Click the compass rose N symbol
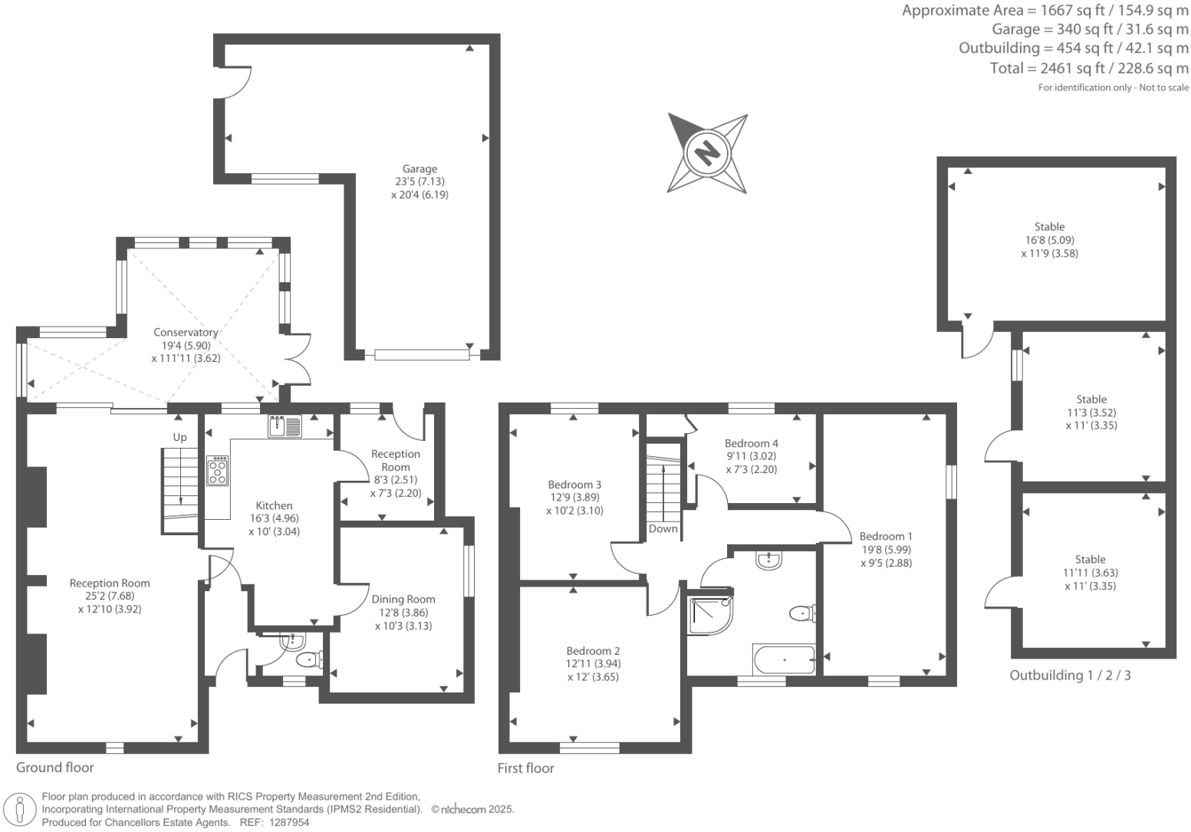707,152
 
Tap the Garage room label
419,169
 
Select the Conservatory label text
186,332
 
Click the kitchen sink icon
285,426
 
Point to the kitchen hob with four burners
218,470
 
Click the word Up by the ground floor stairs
179,437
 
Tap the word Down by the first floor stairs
663,528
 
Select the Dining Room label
403,599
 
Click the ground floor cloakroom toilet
310,659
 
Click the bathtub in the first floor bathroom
784,659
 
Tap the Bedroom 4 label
751,443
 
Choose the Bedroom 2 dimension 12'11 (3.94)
593,664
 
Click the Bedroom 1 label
886,536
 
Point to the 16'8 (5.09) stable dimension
1049,240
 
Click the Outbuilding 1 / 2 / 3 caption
1070,676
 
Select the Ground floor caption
55,767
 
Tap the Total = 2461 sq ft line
1089,68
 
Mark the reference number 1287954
289,822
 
